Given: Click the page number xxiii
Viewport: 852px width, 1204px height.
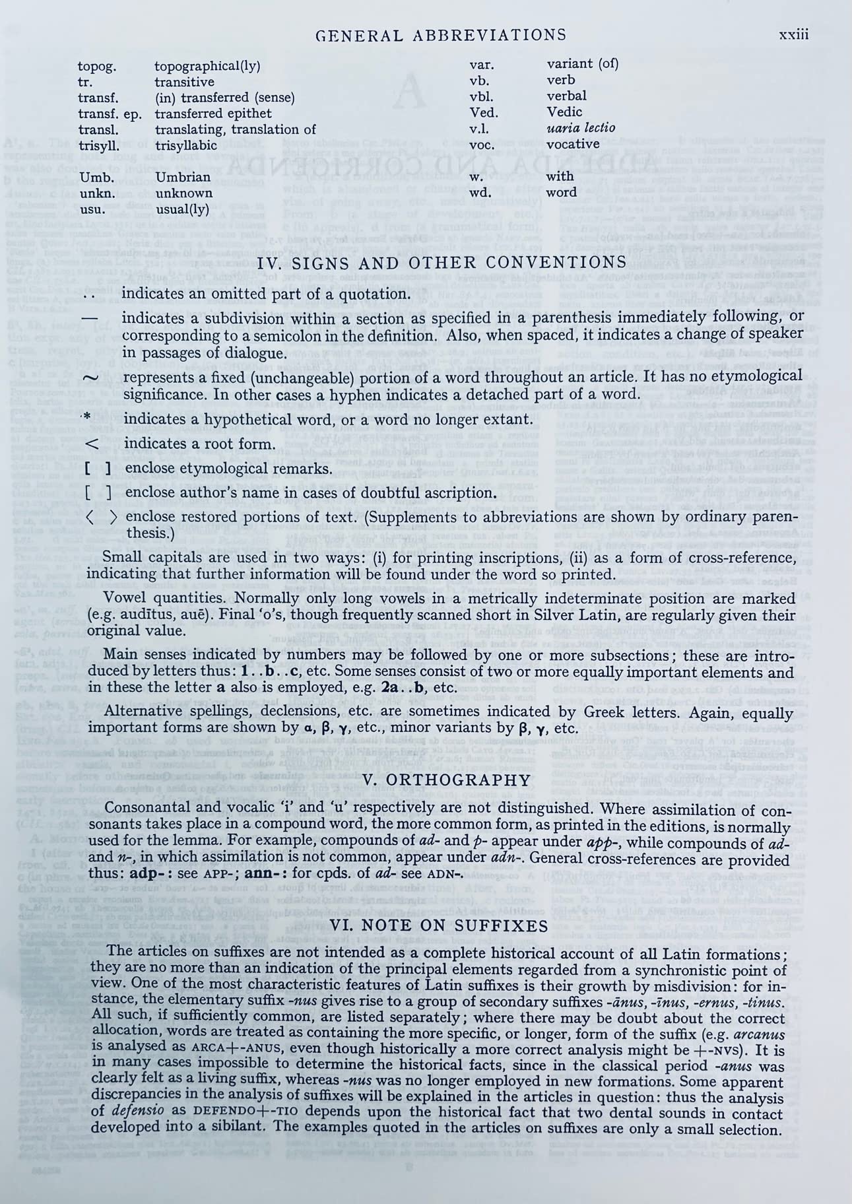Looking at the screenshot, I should [x=793, y=35].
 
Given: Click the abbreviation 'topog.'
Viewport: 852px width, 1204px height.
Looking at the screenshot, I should [x=97, y=66].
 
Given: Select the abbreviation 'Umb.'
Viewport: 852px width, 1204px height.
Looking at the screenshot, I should [x=93, y=178].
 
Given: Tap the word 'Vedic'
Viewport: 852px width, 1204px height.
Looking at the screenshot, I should [x=564, y=112].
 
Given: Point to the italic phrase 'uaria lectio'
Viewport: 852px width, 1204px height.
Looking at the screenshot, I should [x=581, y=127].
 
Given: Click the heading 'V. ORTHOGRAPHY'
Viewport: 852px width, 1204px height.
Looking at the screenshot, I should [x=447, y=780].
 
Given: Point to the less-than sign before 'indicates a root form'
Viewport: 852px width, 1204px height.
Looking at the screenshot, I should [x=92, y=444].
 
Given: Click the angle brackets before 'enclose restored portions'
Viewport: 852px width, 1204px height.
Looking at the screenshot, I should [x=102, y=518].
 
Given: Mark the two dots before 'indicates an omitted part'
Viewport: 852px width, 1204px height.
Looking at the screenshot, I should [x=92, y=294].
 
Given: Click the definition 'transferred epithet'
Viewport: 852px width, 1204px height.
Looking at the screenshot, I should [x=213, y=114].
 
